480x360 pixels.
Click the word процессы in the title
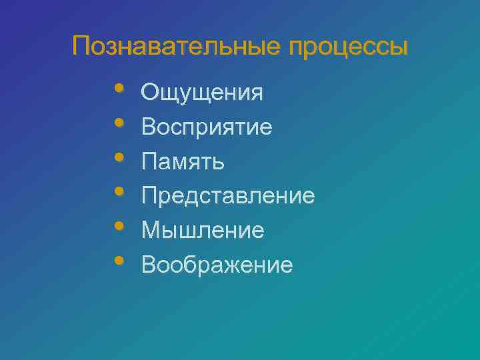(x=348, y=49)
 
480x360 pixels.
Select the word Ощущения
(x=203, y=93)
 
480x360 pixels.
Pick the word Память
(x=183, y=162)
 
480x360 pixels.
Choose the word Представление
(x=229, y=197)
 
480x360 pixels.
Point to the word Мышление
(x=203, y=231)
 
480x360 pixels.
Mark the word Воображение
(x=217, y=266)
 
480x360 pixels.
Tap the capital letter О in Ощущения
(x=150, y=92)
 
